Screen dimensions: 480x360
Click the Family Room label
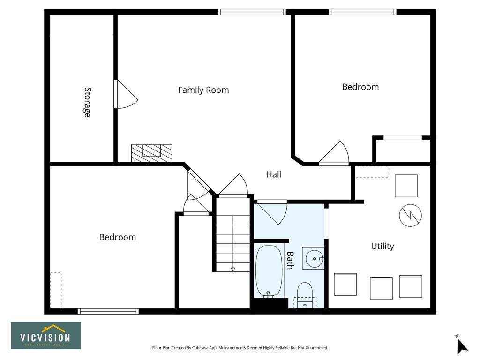(x=203, y=90)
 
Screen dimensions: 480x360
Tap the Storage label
(x=88, y=102)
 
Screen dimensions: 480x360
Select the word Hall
(x=273, y=174)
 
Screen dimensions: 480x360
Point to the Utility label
(x=382, y=247)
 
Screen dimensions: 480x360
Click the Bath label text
(x=290, y=260)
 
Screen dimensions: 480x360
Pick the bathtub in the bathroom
(x=269, y=271)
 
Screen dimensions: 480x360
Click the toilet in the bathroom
(x=305, y=294)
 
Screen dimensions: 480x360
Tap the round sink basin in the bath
(x=315, y=259)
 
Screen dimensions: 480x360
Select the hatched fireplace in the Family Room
(x=151, y=153)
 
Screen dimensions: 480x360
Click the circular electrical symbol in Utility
(x=410, y=215)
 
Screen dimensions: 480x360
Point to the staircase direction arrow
(x=233, y=270)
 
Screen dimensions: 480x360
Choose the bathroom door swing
(x=272, y=212)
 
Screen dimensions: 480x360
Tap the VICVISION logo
(x=46, y=336)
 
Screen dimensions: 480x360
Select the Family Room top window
(x=252, y=12)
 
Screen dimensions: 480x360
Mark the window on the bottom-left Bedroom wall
(x=108, y=311)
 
